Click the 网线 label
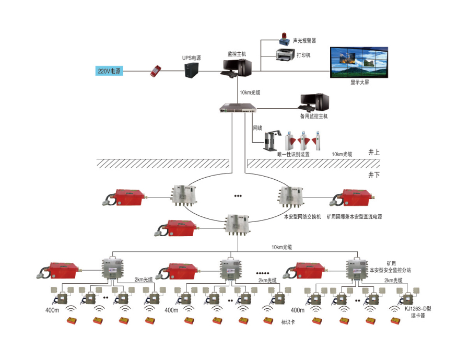click(x=257, y=127)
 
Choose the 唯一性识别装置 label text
click(x=293, y=154)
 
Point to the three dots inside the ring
click(x=238, y=196)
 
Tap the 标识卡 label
click(x=288, y=323)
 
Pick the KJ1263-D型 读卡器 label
click(x=418, y=312)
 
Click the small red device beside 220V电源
click(x=156, y=71)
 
